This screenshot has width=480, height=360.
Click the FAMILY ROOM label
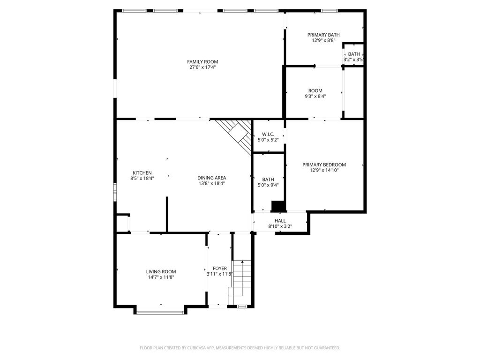[x=202, y=62]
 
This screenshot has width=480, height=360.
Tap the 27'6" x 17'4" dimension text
[x=202, y=67]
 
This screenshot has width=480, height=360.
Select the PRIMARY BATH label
[x=323, y=35]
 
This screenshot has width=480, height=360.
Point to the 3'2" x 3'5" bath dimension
[x=354, y=60]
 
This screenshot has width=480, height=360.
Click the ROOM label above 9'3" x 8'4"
[x=315, y=91]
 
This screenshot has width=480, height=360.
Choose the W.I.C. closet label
[x=268, y=134]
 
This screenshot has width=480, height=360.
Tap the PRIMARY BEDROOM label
[x=324, y=165]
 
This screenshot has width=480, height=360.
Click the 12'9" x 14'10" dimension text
[x=324, y=170]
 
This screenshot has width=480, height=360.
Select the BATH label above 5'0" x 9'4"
[x=268, y=180]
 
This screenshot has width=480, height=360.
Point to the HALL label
[x=280, y=221]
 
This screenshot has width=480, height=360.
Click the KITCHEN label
[x=142, y=173]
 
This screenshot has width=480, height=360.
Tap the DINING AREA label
[x=211, y=178]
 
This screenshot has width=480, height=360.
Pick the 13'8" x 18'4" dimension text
[x=211, y=183]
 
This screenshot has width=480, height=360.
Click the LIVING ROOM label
[x=161, y=271]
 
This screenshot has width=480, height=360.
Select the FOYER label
[x=220, y=269]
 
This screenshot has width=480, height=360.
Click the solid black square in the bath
[x=278, y=206]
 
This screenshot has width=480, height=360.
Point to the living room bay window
[x=160, y=312]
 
